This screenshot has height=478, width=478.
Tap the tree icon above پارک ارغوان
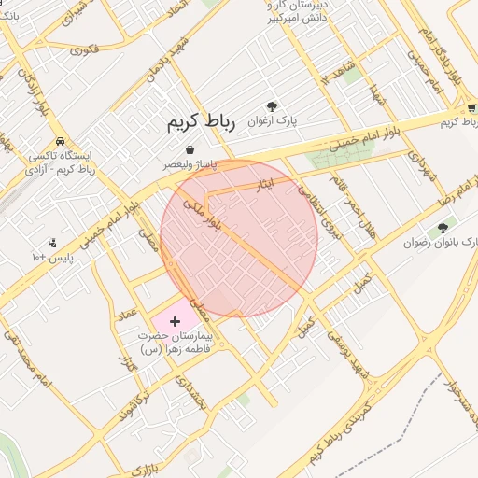273,106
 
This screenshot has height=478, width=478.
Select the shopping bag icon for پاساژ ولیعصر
190,149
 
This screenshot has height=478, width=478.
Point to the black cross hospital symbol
175,321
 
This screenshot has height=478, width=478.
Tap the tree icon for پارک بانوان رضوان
443,227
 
